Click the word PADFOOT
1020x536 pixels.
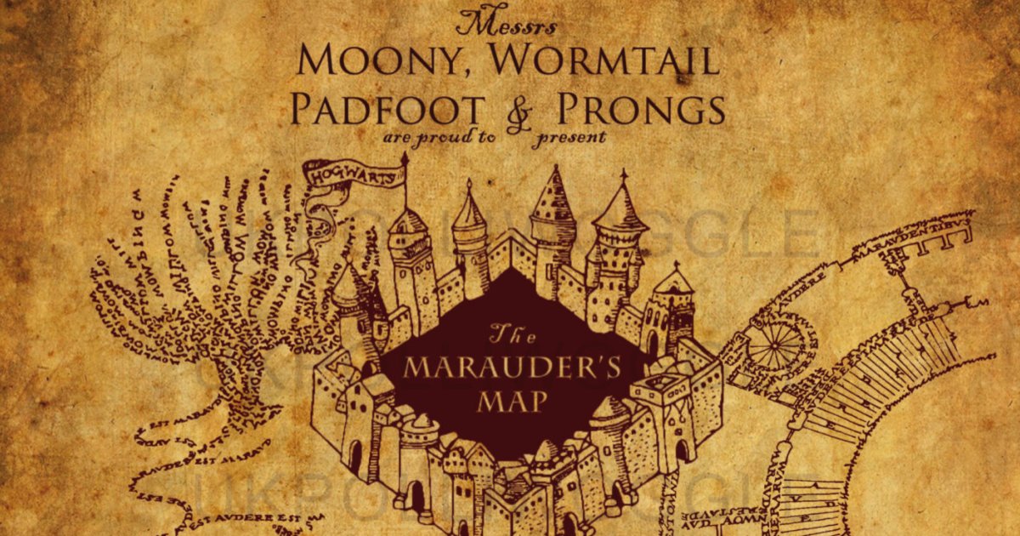click(388, 109)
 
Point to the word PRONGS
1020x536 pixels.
click(642, 109)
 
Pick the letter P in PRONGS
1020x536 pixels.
click(570, 109)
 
